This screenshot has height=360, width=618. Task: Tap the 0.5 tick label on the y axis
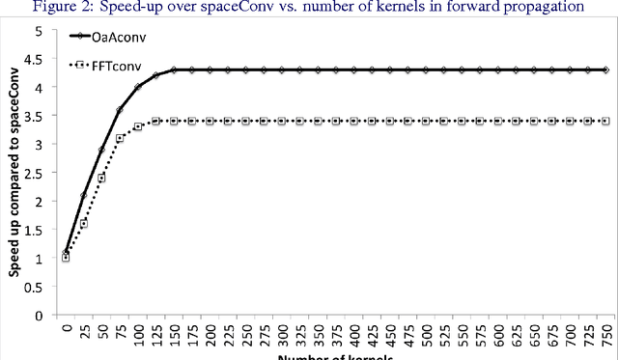click(x=36, y=287)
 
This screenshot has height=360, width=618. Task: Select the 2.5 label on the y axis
click(x=36, y=174)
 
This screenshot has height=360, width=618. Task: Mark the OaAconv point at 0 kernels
click(x=66, y=253)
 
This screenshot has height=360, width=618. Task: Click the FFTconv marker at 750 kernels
click(x=605, y=122)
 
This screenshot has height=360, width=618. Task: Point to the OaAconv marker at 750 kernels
click(x=605, y=70)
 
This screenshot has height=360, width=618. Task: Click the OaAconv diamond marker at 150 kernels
click(x=174, y=70)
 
